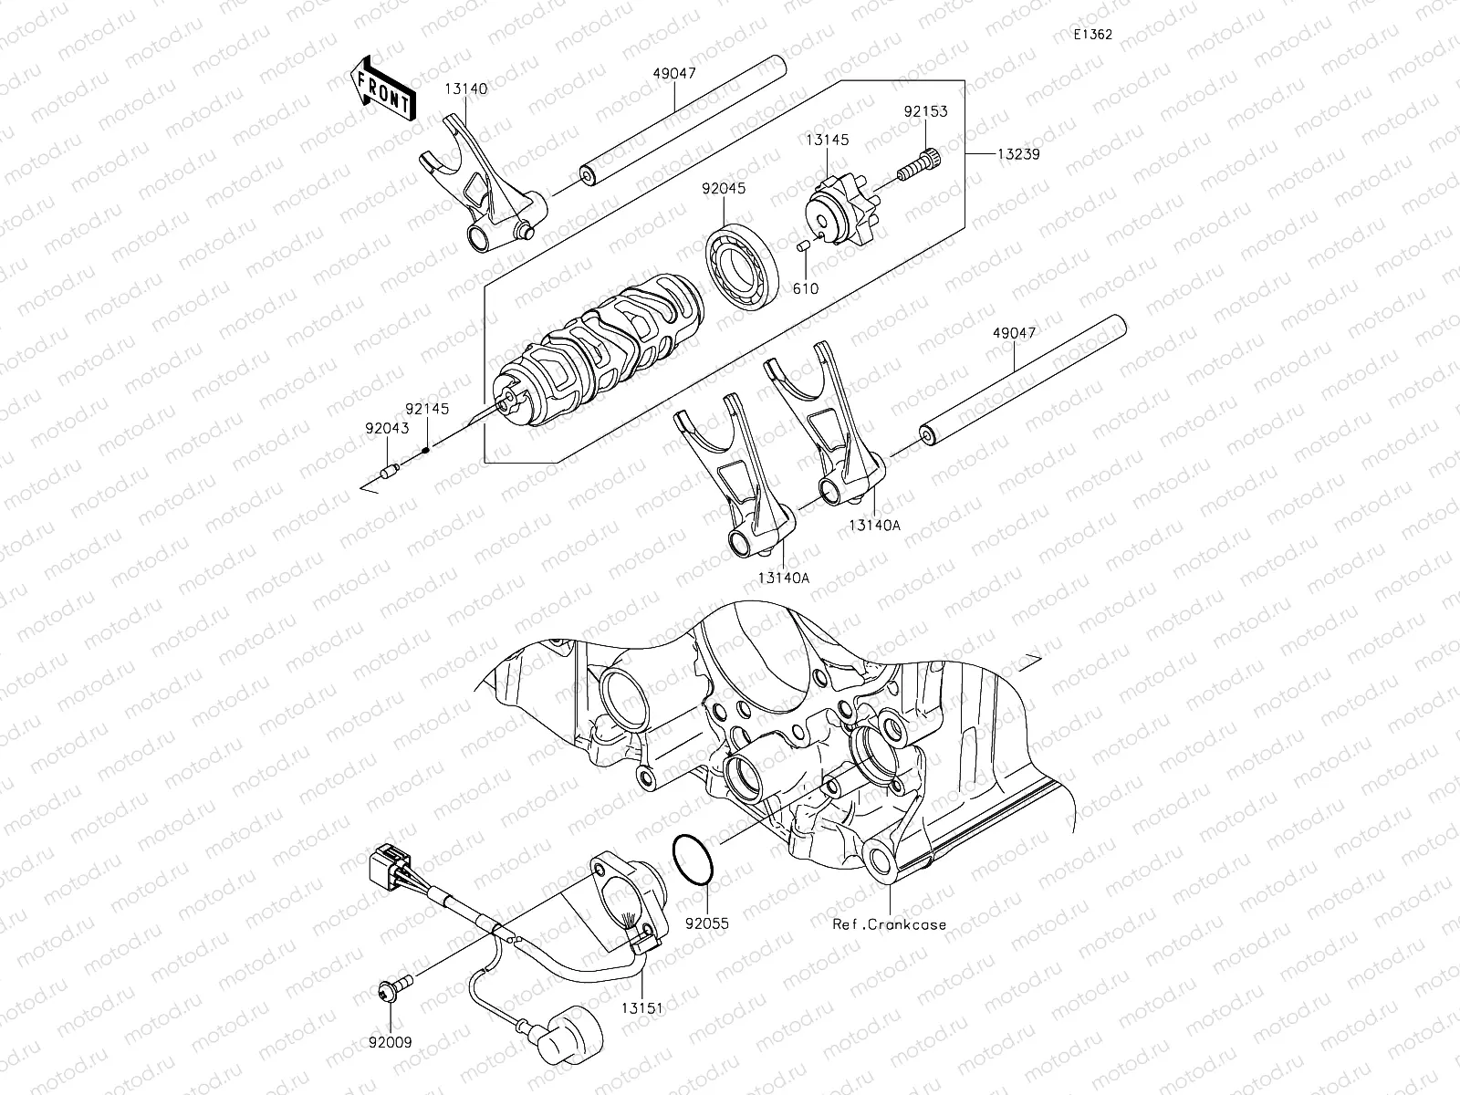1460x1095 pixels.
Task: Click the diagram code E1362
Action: [1093, 35]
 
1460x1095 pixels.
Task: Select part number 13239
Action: [1017, 154]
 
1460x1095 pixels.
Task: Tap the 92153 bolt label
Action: [925, 111]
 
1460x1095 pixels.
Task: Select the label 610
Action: [806, 289]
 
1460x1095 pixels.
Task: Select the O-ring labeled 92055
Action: [693, 859]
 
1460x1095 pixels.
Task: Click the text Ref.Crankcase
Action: [889, 923]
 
